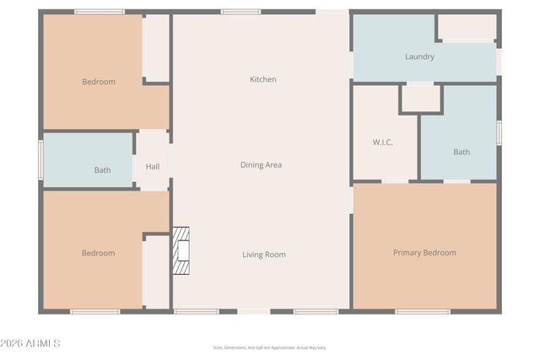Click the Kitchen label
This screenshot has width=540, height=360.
(x=262, y=79)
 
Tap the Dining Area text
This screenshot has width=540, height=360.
(x=261, y=165)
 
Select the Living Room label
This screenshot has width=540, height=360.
(x=264, y=255)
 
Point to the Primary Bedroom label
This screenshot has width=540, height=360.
(x=424, y=253)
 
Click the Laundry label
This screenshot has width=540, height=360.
(x=419, y=57)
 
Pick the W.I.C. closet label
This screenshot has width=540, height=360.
(x=383, y=142)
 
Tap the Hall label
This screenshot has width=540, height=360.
(x=153, y=167)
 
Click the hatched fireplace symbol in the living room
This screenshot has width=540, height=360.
(x=181, y=251)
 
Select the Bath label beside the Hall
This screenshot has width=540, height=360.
(x=102, y=170)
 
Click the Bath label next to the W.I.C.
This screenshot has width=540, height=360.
(x=462, y=153)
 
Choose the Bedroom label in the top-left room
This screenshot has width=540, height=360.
(x=99, y=82)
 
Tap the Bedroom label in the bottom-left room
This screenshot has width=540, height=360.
(x=98, y=253)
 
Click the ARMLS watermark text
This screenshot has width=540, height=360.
(x=31, y=344)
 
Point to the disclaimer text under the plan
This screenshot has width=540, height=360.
(x=269, y=347)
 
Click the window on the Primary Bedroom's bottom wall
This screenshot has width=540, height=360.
(x=422, y=311)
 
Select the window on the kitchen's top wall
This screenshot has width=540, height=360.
(x=240, y=12)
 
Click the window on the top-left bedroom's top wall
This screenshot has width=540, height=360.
(x=100, y=12)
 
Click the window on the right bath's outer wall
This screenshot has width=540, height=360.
(x=499, y=133)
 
